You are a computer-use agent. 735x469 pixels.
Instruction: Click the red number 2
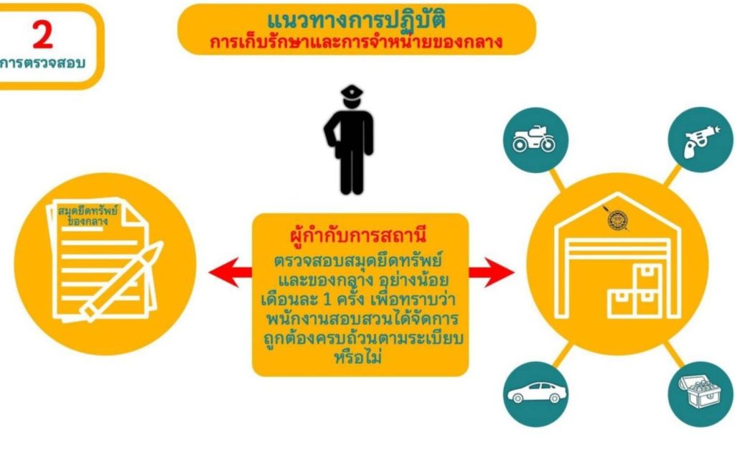[42, 35]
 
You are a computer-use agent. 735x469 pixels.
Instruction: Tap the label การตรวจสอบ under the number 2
[42, 63]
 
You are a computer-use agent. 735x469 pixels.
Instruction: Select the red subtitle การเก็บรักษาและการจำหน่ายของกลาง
[356, 42]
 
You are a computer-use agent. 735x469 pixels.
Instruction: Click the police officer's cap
[352, 90]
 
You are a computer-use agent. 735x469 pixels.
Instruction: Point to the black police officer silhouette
[350, 140]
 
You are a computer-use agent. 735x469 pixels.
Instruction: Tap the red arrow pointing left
[230, 272]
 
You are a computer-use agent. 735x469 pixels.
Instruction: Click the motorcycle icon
[534, 139]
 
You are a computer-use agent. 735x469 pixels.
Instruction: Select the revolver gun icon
[701, 141]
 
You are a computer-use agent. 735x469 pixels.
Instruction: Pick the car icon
[536, 393]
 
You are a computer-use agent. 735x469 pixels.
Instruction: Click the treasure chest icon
[701, 391]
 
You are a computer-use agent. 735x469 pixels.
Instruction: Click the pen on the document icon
[122, 282]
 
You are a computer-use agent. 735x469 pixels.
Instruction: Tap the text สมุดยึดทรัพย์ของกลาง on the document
[88, 215]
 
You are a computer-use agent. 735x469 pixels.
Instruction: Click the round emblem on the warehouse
[617, 220]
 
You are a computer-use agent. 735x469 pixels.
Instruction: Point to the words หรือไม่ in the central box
[358, 358]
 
